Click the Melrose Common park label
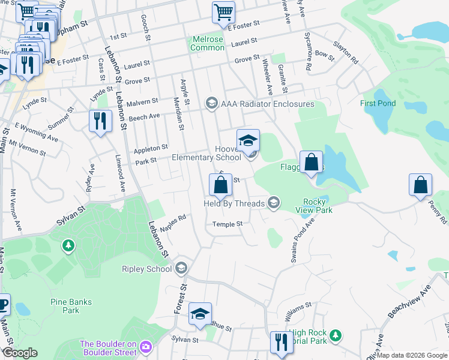tap(207, 43)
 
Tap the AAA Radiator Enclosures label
tap(267, 104)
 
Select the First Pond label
tap(378, 103)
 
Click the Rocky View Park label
tap(314, 206)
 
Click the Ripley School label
tap(146, 269)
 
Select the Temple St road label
tap(227, 224)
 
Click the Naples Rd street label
tap(173, 223)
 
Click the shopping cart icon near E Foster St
tap(223, 13)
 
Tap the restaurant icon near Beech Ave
tap(100, 122)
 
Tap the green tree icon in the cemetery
tap(68, 246)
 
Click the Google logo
tap(20, 352)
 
